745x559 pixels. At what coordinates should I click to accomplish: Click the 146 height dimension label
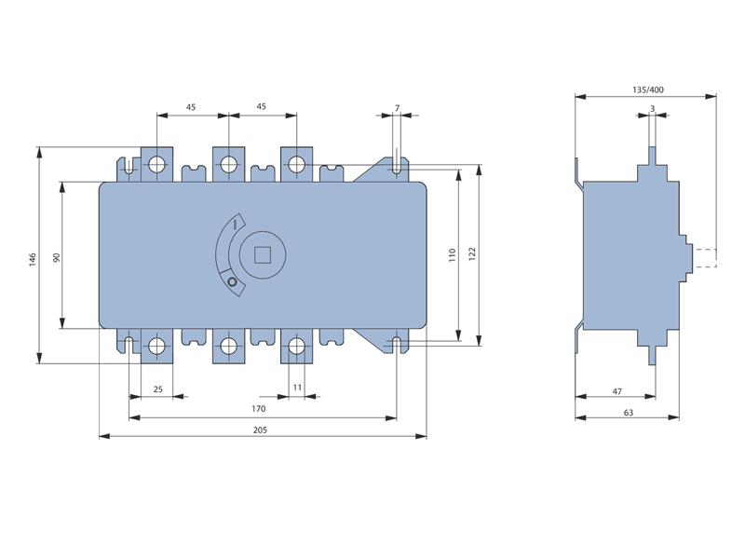point(33,260)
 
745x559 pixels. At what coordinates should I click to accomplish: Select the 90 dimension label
point(57,258)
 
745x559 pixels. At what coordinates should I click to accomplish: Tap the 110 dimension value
point(452,254)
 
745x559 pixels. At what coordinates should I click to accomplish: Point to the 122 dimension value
point(472,253)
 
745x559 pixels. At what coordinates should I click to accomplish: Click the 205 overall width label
point(260,430)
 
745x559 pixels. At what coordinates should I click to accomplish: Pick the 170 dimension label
point(259,409)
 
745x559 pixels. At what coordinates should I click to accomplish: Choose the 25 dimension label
point(158,389)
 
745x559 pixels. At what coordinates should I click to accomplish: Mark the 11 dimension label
point(297,388)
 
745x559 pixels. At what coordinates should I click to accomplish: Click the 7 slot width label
point(398,108)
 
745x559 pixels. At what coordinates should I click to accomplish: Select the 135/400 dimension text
point(648,89)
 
